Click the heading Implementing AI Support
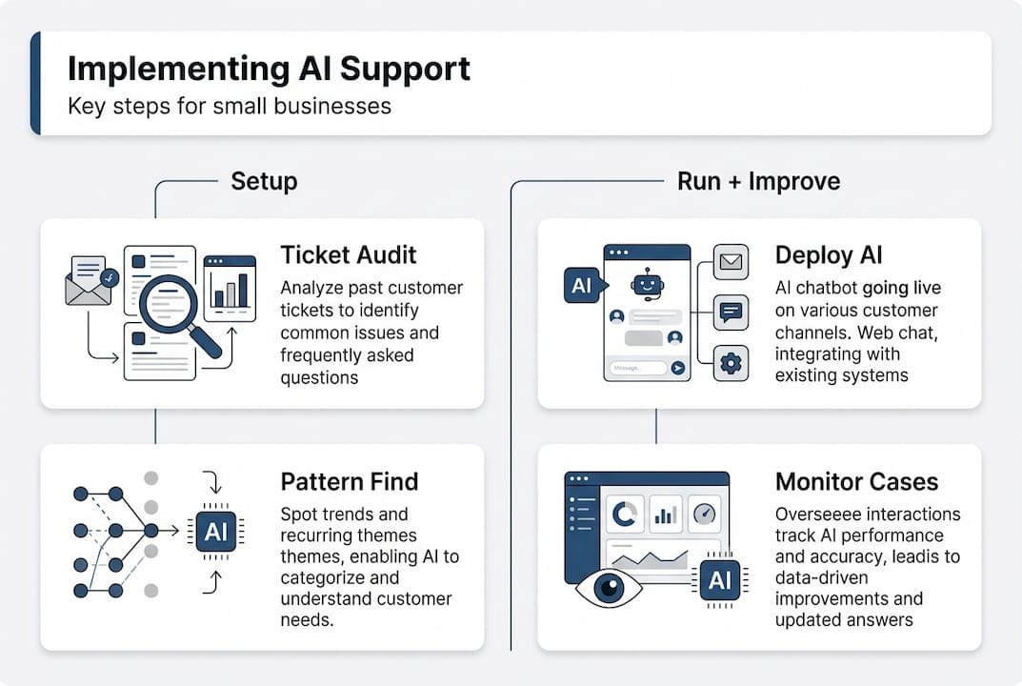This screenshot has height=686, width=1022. tap(269, 70)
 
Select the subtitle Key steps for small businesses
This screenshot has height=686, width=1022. tap(230, 105)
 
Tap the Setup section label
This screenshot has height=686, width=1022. tap(264, 181)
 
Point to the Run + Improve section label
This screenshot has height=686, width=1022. tap(758, 181)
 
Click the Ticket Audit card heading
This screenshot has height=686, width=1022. tap(348, 255)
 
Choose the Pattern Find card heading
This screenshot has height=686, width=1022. tap(350, 481)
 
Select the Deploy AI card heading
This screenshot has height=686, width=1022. tap(829, 255)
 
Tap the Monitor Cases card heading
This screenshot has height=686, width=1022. tap(856, 481)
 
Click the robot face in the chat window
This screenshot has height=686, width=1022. tap(647, 283)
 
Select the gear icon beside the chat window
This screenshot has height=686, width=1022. tap(731, 363)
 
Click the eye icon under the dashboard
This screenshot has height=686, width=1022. tap(607, 587)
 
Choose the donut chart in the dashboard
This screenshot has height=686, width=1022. tap(624, 514)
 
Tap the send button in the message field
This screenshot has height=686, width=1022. tap(677, 368)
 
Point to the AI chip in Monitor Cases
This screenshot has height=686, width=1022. tap(720, 579)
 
